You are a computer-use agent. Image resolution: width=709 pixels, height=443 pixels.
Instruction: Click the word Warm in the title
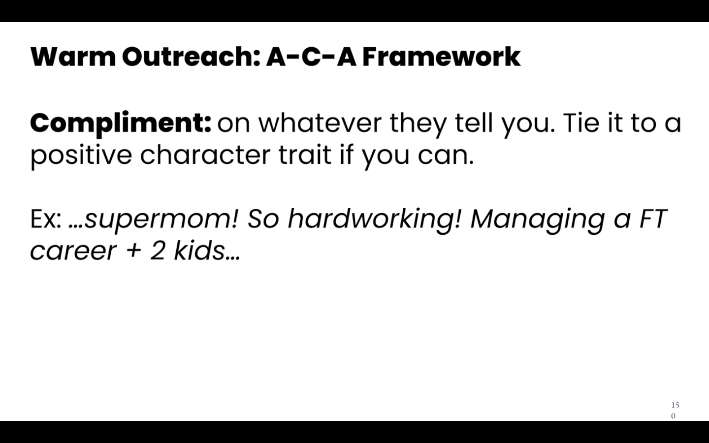tap(73, 57)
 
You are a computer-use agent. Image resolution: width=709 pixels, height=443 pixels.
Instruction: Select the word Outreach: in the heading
tap(191, 57)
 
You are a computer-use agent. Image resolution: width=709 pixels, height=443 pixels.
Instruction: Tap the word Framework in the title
tap(442, 57)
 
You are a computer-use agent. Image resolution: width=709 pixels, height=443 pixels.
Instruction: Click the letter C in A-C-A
tap(312, 57)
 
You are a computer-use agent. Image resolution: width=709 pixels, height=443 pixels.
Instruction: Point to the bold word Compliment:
tap(121, 124)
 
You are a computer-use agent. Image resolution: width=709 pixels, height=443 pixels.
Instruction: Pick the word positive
tap(81, 156)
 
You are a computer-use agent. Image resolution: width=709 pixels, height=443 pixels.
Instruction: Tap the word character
tap(205, 155)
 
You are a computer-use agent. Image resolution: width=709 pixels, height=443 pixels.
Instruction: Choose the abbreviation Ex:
tap(46, 219)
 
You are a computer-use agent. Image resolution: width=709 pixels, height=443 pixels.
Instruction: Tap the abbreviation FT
tap(653, 219)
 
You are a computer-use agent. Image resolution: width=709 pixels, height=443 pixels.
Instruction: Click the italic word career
tap(73, 252)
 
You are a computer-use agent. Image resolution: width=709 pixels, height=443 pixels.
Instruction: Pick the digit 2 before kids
tap(158, 250)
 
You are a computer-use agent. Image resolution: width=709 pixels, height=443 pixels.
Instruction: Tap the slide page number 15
tap(675, 405)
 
